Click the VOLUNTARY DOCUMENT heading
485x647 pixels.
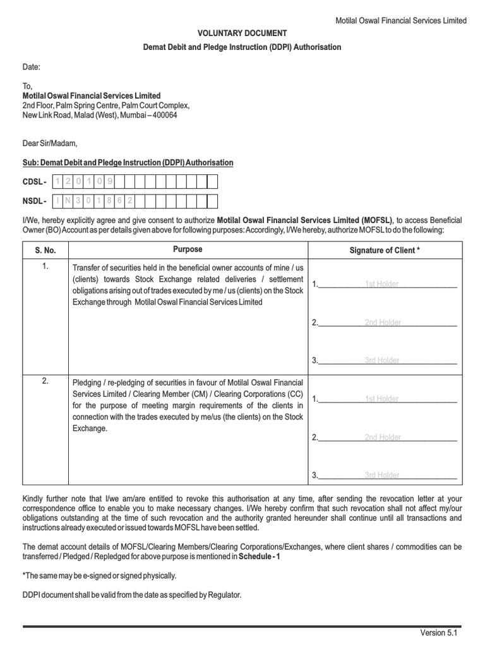tap(242, 33)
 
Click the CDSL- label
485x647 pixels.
tap(35, 182)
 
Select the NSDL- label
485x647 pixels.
tap(35, 202)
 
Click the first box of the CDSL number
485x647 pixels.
tap(59, 182)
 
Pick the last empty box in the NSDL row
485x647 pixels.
tap(212, 202)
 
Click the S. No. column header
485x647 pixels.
tap(45, 250)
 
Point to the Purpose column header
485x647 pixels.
tap(188, 250)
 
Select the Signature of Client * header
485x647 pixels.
tap(385, 250)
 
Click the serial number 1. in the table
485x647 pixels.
tap(45, 267)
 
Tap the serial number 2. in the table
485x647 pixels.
tap(45, 382)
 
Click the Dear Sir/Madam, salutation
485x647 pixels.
tap(49, 143)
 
